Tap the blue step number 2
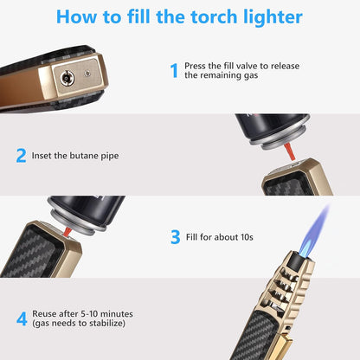21,157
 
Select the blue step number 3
175,235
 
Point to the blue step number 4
21,317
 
